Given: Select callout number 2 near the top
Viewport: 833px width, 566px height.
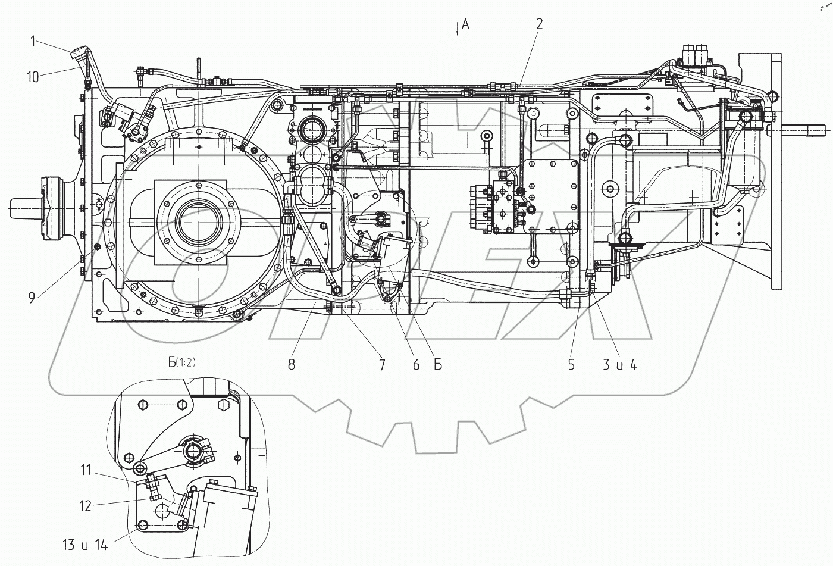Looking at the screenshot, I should pos(539,24).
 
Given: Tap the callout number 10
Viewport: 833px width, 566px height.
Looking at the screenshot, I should pos(33,77).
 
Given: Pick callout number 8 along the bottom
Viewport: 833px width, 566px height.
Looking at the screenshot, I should pos(292,365).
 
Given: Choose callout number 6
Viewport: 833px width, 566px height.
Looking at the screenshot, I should pos(415,365).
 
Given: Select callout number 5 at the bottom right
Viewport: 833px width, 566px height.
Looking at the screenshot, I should pos(571,365).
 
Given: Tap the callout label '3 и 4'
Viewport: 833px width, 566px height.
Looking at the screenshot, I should pos(620,365).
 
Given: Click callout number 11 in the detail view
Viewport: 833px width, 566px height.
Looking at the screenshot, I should pos(86,471).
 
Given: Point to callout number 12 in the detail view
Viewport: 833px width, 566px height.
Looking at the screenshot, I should pos(86,506).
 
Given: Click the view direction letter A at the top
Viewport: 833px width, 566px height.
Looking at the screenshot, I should pos(465,24).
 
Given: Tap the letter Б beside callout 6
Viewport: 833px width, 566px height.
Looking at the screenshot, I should pos(437,365).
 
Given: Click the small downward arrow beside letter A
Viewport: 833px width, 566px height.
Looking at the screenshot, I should pos(457,28).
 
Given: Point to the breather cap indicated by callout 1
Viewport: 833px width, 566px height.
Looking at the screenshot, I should pos(77,54).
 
